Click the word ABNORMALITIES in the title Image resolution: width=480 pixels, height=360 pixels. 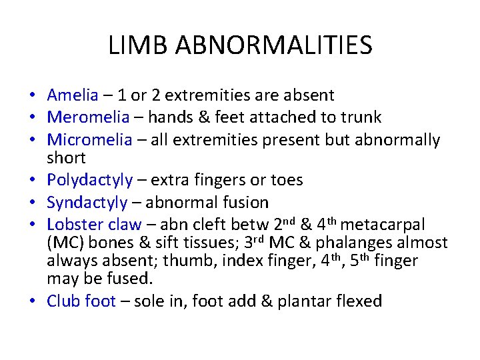click(x=273, y=45)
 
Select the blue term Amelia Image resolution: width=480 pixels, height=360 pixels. click(x=72, y=95)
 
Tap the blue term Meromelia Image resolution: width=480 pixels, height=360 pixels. click(x=88, y=117)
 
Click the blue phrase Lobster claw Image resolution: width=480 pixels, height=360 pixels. click(x=94, y=224)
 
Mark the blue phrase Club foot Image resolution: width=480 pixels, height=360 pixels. click(x=81, y=301)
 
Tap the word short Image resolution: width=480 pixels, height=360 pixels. click(x=66, y=158)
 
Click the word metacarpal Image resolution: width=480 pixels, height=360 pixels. click(x=393, y=224)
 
